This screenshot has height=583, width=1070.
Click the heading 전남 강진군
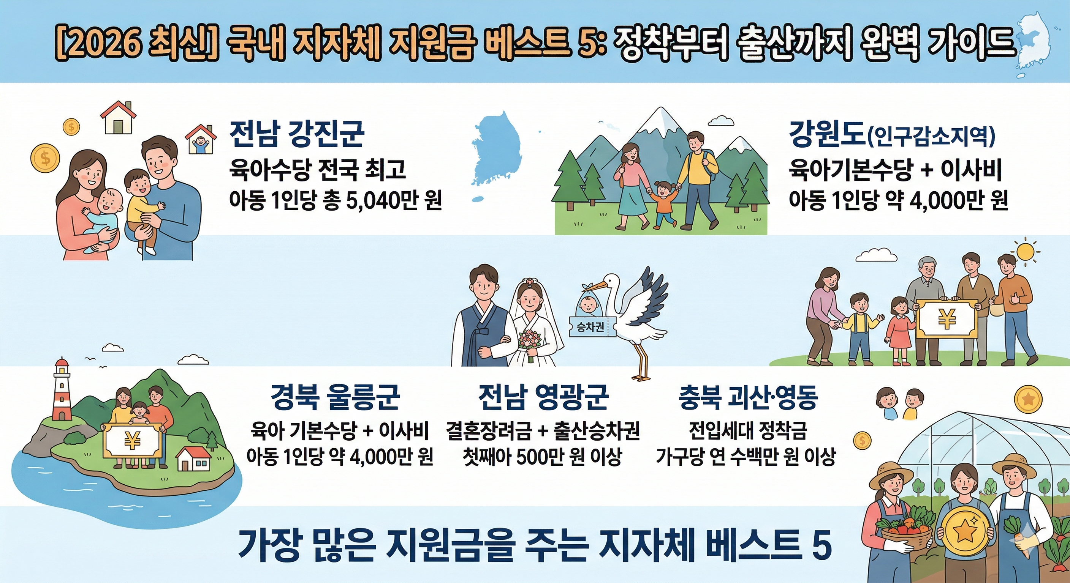coord(297,134)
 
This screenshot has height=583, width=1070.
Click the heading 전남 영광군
coord(543,397)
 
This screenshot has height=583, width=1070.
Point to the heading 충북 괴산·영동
coord(748,397)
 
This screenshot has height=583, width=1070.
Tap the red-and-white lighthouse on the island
coord(62,390)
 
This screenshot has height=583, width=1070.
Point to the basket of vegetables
coord(905,533)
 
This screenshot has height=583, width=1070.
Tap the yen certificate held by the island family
coord(132,440)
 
